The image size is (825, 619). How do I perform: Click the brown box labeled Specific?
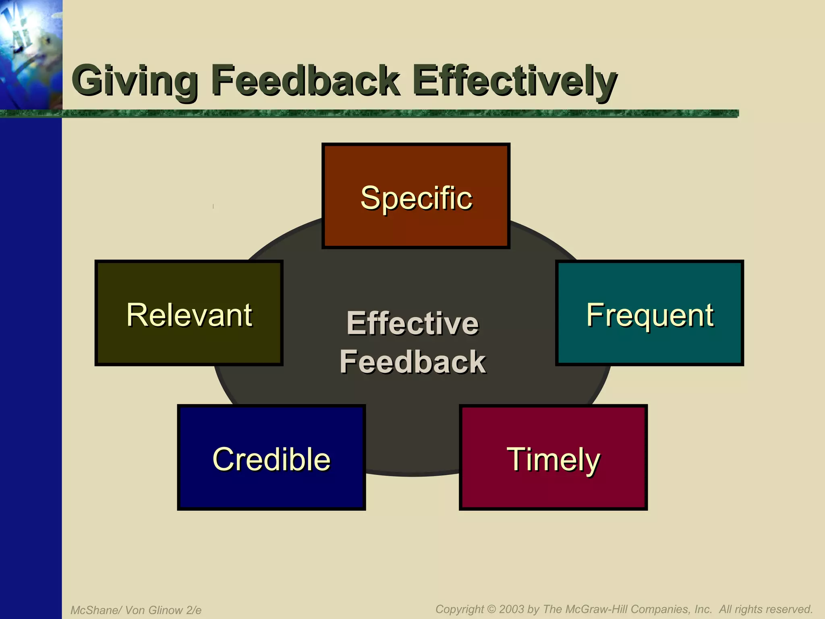(x=416, y=197)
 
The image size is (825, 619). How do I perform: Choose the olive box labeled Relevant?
(x=189, y=314)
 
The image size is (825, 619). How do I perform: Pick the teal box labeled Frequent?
(x=649, y=314)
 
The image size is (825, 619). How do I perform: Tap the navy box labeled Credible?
(x=271, y=458)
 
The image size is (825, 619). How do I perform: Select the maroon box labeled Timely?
(x=553, y=458)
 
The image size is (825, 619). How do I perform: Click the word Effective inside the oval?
(x=412, y=323)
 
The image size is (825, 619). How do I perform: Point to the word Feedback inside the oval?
(x=412, y=362)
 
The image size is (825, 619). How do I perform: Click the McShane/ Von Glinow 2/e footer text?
(x=136, y=610)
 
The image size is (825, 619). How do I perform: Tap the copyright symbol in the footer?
(x=491, y=609)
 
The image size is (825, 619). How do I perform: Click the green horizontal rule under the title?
(x=399, y=114)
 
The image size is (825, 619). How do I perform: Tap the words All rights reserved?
(x=766, y=609)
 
